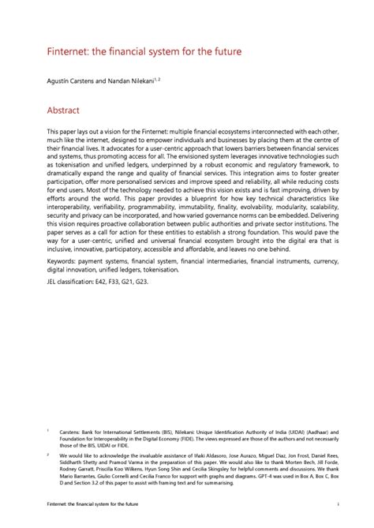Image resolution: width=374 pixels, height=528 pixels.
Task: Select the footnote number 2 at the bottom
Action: [49, 455]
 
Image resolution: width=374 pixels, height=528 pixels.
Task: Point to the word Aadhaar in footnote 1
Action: [299, 432]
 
